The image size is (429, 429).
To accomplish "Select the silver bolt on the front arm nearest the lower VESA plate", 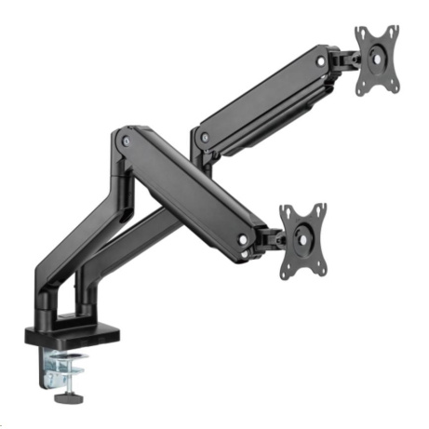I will [x=244, y=239].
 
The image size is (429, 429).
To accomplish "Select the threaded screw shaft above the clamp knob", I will [x=66, y=384].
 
